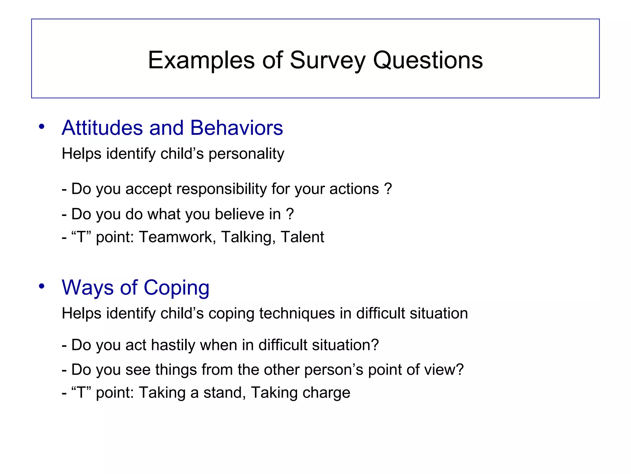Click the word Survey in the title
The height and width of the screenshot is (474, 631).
(x=328, y=60)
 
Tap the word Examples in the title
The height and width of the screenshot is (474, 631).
(x=201, y=60)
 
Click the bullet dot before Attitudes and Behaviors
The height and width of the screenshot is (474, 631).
(x=42, y=127)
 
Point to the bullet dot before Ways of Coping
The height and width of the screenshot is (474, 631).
(x=42, y=286)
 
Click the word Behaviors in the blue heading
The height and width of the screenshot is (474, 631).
(x=236, y=128)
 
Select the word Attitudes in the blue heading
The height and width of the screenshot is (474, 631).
(x=102, y=128)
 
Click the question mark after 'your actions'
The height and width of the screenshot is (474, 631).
(x=388, y=189)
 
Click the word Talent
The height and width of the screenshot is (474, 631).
(x=302, y=237)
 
